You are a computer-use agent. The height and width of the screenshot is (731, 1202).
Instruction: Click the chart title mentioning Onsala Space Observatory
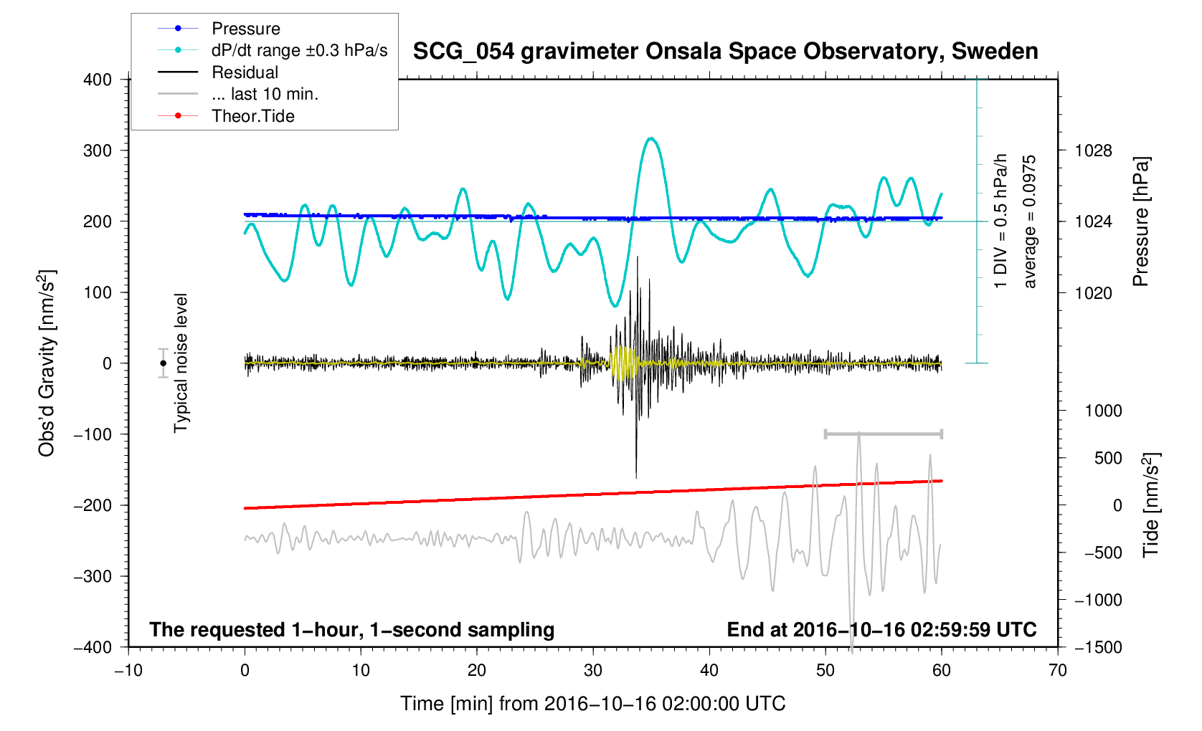coord(725,52)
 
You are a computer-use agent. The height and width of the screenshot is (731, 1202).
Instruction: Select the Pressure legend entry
coord(245,29)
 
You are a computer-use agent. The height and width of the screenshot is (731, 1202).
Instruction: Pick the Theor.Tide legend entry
coord(252,116)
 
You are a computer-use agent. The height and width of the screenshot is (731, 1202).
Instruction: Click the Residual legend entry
coord(245,72)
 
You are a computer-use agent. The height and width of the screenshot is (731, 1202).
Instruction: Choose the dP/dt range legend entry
coord(299,51)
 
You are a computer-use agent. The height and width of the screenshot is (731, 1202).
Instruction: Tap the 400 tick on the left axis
coord(98,80)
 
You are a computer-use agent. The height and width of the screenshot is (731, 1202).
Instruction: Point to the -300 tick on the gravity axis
coord(93,576)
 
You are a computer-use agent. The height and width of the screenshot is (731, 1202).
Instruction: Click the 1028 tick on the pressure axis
coord(1093,150)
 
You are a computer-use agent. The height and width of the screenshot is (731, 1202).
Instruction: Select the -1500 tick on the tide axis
coord(1098,647)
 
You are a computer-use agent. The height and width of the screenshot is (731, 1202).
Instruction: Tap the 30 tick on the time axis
coord(593,670)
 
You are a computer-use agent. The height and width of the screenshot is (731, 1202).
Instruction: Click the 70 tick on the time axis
coord(1058,670)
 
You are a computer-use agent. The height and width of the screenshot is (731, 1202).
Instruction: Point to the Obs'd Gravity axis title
coord(47,363)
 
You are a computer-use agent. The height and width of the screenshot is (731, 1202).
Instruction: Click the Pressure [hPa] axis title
coord(1140,221)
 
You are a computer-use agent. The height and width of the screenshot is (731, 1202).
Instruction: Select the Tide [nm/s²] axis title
coord(1150,505)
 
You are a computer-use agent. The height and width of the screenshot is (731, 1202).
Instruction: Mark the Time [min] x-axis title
coord(592,704)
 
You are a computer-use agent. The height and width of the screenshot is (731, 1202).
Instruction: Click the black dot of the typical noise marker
coord(163,363)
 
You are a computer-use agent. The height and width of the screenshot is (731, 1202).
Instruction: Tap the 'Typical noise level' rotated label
coord(181,363)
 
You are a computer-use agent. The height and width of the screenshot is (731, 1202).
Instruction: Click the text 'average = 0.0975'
coord(1030,221)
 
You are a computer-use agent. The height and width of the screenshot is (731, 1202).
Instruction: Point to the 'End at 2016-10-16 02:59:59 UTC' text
coord(881,630)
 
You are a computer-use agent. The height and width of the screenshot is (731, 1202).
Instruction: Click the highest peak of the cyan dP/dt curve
coord(650,138)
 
